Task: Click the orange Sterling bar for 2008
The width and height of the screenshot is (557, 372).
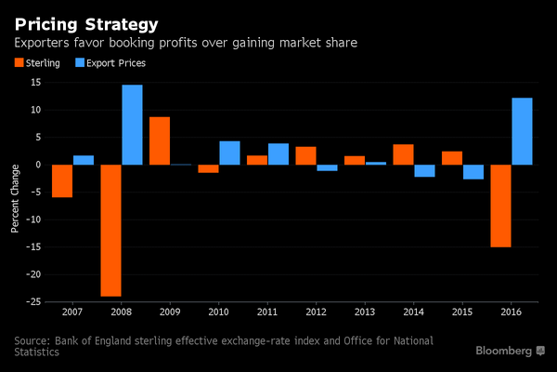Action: click(110, 230)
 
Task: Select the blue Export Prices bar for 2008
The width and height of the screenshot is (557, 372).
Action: click(133, 125)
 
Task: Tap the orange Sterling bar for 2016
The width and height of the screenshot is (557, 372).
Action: click(501, 206)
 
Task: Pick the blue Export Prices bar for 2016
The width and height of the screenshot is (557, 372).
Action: click(524, 131)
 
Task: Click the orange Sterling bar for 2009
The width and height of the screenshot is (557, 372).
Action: click(160, 140)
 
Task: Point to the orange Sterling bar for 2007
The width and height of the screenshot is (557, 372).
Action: click(62, 180)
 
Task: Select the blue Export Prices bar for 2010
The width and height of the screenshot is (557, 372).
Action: click(230, 153)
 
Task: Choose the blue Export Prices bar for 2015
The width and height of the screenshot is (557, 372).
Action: click(474, 172)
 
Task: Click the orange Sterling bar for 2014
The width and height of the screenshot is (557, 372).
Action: click(404, 154)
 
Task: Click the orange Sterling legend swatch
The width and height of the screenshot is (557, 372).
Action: click(18, 63)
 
